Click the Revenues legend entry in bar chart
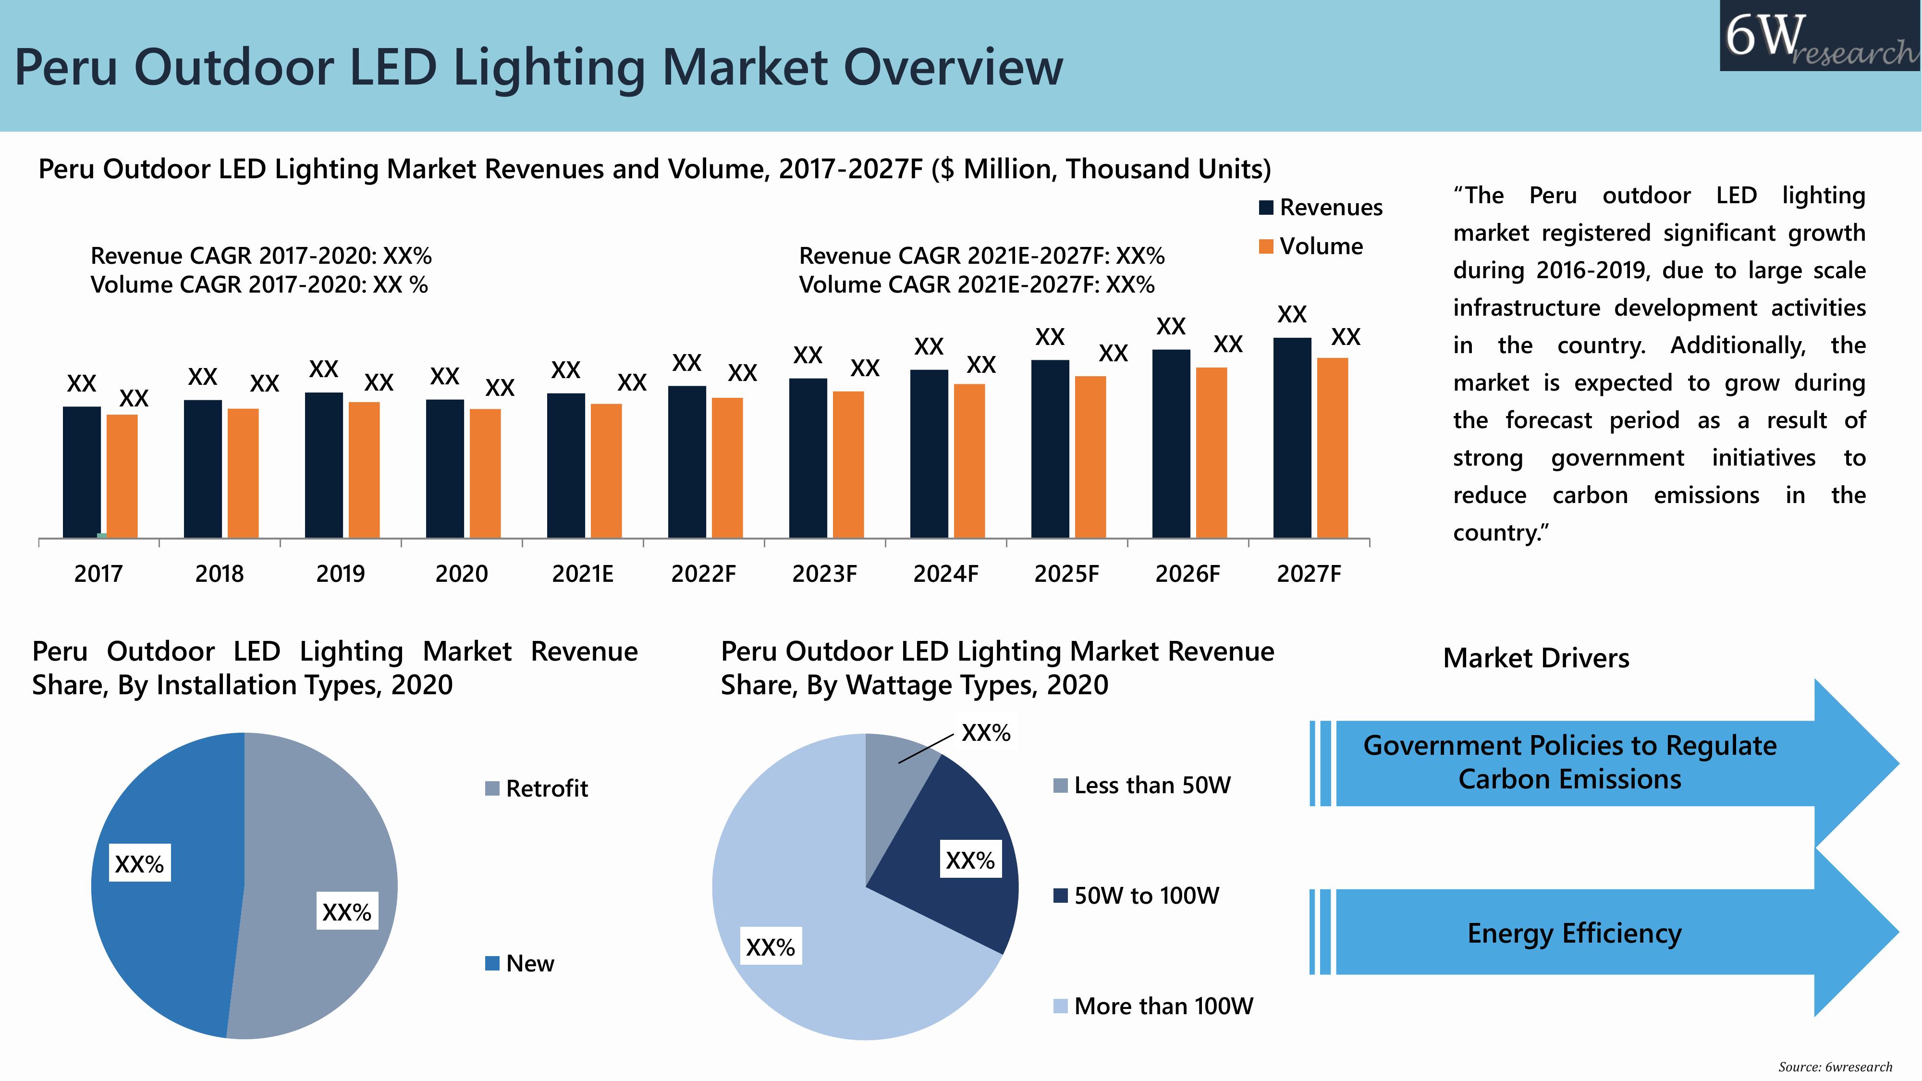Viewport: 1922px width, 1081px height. click(x=1320, y=208)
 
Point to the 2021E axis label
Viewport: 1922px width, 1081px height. click(x=583, y=574)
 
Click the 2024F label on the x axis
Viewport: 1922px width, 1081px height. click(x=945, y=574)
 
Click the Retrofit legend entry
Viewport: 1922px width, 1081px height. click(x=537, y=788)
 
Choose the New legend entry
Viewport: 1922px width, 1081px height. click(x=520, y=963)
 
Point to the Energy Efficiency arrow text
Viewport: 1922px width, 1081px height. click(x=1574, y=934)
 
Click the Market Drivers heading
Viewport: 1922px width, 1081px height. click(x=1535, y=658)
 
